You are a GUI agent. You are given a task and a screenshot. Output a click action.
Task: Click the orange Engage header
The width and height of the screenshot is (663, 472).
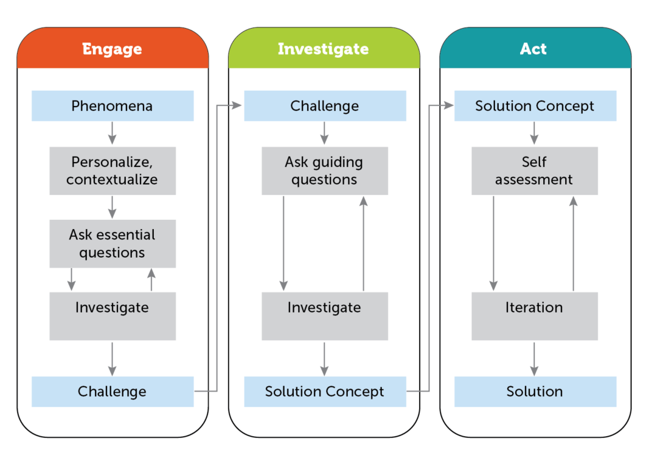113,49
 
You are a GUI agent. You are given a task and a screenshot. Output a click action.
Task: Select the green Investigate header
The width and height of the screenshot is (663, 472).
324,49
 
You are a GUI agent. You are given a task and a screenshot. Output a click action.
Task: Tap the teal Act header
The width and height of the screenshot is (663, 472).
534,49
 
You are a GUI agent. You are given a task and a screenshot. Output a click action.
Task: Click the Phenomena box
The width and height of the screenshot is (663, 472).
113,106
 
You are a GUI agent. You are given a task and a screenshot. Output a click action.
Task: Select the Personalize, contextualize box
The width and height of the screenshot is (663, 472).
113,171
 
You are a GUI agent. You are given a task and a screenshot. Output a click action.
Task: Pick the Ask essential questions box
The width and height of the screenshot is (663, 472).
113,244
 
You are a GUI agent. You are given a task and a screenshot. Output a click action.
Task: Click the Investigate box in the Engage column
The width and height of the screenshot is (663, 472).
113,315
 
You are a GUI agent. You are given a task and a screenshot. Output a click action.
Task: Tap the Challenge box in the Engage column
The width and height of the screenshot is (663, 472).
113,392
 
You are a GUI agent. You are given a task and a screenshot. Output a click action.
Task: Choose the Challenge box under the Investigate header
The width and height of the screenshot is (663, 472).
325,106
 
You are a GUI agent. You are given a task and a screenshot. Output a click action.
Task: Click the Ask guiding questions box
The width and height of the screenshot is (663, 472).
325,171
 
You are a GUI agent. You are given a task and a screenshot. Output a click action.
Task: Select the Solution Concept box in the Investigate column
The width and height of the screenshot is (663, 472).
325,392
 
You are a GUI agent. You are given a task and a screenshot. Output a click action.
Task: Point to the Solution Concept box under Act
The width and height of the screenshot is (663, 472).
535,106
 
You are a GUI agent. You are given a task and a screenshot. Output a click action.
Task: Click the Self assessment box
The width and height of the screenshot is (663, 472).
535,171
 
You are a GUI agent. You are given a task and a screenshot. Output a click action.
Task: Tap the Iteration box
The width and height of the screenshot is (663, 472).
535,315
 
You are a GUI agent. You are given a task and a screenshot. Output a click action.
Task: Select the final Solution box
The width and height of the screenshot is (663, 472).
535,392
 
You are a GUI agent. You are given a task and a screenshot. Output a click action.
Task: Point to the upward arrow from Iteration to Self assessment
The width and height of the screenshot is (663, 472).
573,244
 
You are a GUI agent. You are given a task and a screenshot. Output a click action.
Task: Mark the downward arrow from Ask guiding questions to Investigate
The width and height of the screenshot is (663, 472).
283,244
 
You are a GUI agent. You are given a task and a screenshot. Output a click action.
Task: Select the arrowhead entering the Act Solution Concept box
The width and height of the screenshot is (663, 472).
449,106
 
